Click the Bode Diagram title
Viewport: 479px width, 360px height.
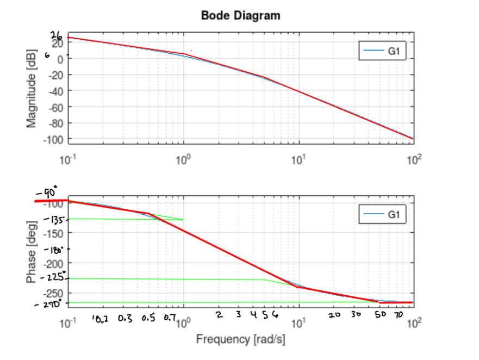pyautogui.click(x=241, y=15)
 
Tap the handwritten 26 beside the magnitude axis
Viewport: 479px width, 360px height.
pyautogui.click(x=57, y=36)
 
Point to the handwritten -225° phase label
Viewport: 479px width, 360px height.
pyautogui.click(x=54, y=278)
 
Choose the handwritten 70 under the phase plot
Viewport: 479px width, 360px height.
pyautogui.click(x=398, y=315)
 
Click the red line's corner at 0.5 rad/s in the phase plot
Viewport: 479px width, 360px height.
pyautogui.click(x=148, y=213)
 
